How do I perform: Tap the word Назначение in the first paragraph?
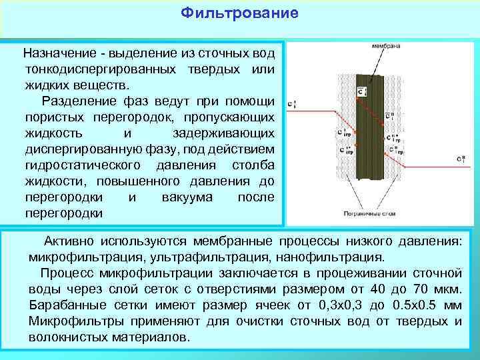pyautogui.click(x=56, y=53)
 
